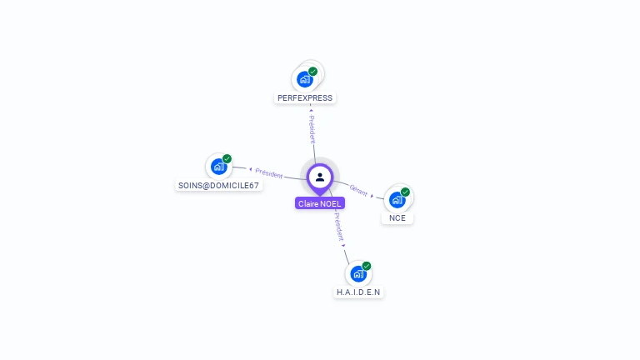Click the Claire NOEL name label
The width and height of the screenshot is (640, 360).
(320, 203)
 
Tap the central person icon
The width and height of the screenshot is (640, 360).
(320, 177)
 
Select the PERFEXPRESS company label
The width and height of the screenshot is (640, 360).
(305, 97)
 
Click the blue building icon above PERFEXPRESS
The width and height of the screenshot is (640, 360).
(304, 80)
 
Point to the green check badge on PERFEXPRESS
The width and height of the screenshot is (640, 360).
(313, 72)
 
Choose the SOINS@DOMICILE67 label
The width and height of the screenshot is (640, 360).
(219, 185)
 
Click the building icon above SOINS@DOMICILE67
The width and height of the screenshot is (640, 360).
(218, 167)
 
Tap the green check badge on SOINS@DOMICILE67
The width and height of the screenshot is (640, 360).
(227, 158)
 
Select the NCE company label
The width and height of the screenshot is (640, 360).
(397, 217)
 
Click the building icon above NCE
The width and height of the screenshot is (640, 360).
(397, 200)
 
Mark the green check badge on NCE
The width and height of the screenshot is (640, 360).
(406, 192)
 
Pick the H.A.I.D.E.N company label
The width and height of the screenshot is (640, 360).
(358, 292)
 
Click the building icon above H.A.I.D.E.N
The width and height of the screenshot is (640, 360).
(357, 274)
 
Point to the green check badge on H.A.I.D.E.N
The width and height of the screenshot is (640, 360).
(367, 266)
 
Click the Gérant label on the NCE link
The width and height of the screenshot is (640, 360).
(358, 190)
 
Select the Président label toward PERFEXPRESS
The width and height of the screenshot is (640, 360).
(312, 124)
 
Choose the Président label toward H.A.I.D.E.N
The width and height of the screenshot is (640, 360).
(338, 226)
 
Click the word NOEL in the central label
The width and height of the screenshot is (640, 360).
(331, 203)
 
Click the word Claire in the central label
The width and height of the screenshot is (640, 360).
(309, 203)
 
